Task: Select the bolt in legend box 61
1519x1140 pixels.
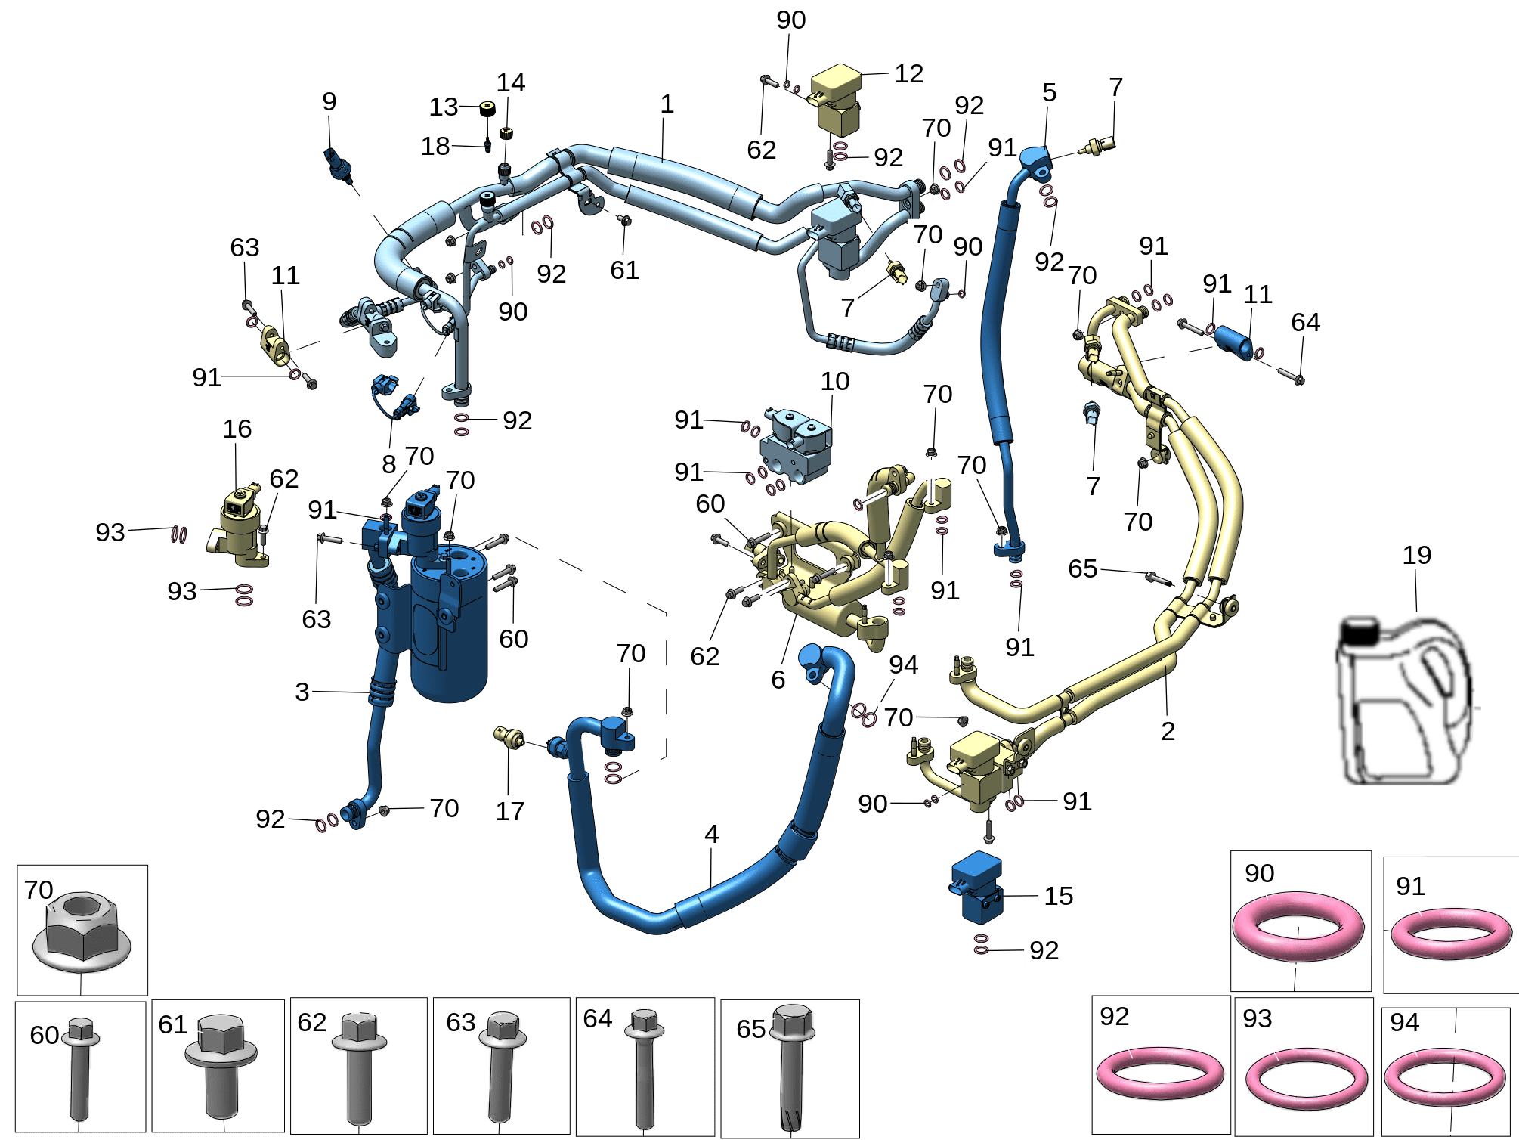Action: pyautogui.click(x=221, y=1066)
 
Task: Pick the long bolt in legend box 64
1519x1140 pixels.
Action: pyautogui.click(x=644, y=1066)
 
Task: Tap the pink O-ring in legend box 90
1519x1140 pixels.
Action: pyautogui.click(x=1298, y=926)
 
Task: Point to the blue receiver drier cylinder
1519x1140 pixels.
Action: pyautogui.click(x=450, y=624)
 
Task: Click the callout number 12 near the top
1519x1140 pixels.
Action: pyautogui.click(x=908, y=73)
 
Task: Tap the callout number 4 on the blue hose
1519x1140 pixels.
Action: pyautogui.click(x=711, y=834)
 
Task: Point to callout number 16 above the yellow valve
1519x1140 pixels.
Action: pyautogui.click(x=237, y=429)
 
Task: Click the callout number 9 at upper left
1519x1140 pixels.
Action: pyautogui.click(x=329, y=101)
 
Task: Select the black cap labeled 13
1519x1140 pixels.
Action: pyautogui.click(x=487, y=110)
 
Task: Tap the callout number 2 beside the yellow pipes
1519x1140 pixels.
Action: pyautogui.click(x=1168, y=731)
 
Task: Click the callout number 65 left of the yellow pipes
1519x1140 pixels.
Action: pyautogui.click(x=1082, y=568)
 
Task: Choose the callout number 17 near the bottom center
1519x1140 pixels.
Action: pyautogui.click(x=509, y=811)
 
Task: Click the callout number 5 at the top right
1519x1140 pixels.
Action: pyautogui.click(x=1049, y=92)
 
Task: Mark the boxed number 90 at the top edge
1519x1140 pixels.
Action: pyautogui.click(x=790, y=20)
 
